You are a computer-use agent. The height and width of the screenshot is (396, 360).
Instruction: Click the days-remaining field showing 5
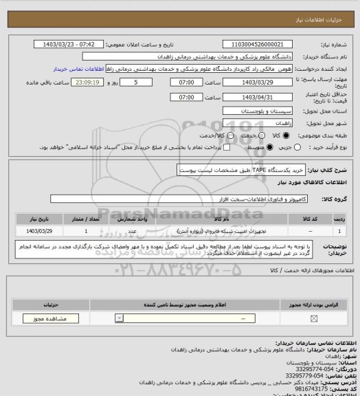[142, 82]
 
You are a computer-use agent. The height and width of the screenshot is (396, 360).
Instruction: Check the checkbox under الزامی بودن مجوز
[314, 318]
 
